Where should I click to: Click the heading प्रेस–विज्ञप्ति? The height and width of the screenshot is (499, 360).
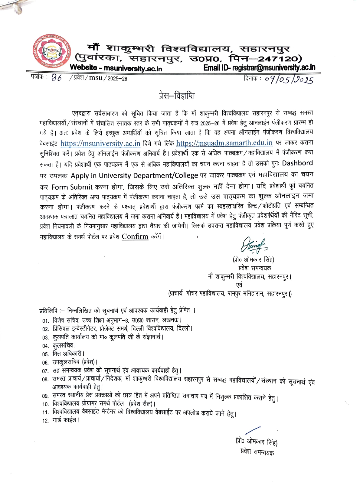point(177,96)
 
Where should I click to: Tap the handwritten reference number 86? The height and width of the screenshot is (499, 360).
point(56,78)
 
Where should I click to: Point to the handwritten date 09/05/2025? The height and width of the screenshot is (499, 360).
point(289,79)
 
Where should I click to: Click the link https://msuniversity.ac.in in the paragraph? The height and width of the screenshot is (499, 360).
point(100,143)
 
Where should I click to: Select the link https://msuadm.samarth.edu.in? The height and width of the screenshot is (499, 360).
point(224,143)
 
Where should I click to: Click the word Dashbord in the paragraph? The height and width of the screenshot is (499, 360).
point(297,163)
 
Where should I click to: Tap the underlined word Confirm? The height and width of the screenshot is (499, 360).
point(135,236)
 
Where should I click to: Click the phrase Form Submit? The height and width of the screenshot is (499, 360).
point(72,187)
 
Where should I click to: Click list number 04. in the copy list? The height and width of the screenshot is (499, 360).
point(45,346)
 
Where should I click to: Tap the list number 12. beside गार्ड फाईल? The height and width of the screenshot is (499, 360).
point(45,421)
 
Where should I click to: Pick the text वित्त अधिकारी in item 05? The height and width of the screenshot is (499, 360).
point(67,354)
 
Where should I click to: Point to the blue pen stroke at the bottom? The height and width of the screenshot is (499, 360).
point(253,430)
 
